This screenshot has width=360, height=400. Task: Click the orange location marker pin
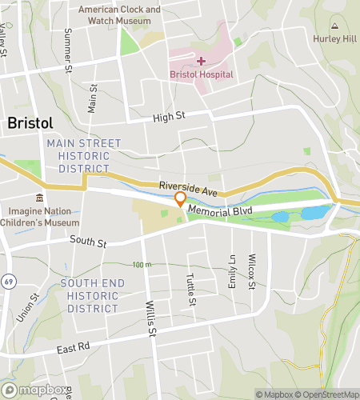click(x=181, y=198)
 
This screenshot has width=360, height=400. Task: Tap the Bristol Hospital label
click(x=202, y=74)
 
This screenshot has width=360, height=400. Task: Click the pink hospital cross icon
click(x=201, y=60)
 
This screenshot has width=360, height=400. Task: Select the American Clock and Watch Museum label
click(x=120, y=14)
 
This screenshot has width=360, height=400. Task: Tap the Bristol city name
click(x=30, y=123)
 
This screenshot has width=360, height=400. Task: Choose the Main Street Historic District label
click(x=83, y=156)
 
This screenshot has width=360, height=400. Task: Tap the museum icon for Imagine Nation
click(x=39, y=198)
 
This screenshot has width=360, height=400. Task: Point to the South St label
click(x=88, y=240)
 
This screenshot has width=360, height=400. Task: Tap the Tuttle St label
click(x=190, y=289)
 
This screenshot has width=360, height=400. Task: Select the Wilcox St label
click(x=251, y=273)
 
